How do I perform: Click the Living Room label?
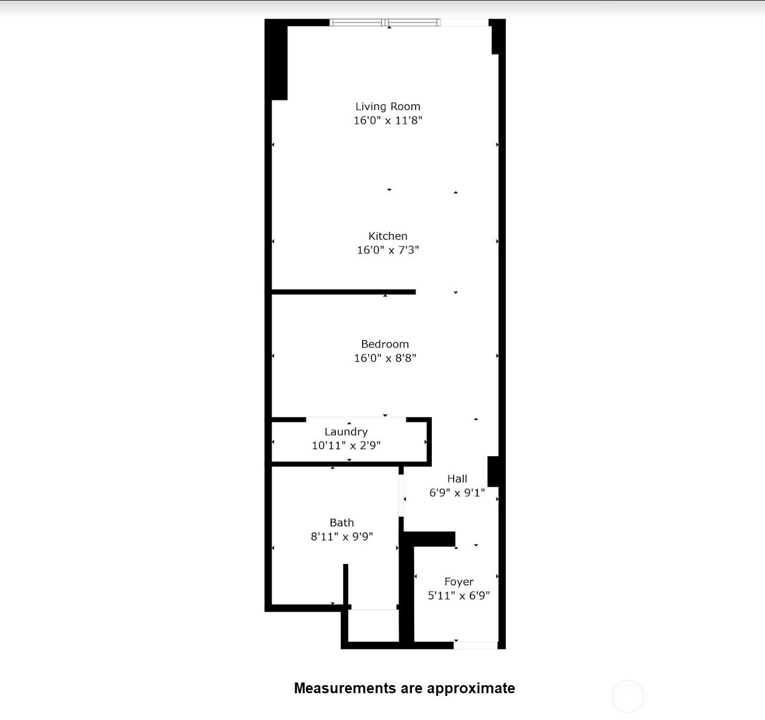(387, 107)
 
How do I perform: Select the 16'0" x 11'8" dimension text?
(388, 120)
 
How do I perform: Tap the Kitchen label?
(387, 236)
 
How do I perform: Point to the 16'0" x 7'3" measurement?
(387, 250)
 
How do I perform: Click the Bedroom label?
(385, 344)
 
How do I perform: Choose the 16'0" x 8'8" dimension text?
(385, 358)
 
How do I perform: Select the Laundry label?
(346, 432)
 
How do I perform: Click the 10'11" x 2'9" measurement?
(346, 446)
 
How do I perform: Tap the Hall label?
(457, 479)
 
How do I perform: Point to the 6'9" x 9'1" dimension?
(457, 493)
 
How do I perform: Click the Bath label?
(341, 523)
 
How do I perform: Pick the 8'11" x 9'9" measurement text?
(342, 537)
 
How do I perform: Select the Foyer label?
(459, 582)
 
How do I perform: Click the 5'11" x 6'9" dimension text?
(459, 596)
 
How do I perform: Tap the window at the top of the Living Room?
(385, 23)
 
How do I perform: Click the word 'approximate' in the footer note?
(471, 688)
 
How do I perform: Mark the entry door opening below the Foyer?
(476, 645)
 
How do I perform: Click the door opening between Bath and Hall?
(401, 495)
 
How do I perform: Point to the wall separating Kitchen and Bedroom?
(343, 292)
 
